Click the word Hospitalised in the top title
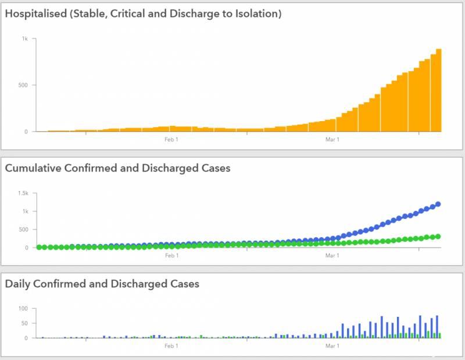click(35, 13)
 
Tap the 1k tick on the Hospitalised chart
click(25, 38)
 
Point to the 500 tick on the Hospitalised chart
click(23, 85)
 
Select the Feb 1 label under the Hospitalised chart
click(171, 139)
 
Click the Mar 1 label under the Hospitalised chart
click(332, 139)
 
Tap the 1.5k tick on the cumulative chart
click(23, 193)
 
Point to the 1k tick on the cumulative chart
click(25, 211)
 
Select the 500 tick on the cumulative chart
click(23, 229)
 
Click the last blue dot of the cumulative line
click(438, 204)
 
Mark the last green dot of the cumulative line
click(438, 237)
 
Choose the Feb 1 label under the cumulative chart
click(171, 255)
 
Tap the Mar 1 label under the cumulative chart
click(332, 255)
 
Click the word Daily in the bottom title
click(20, 284)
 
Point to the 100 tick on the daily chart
click(23, 308)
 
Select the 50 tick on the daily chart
click(24, 323)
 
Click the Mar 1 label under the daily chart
click(332, 346)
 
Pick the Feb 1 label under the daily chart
click(171, 346)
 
